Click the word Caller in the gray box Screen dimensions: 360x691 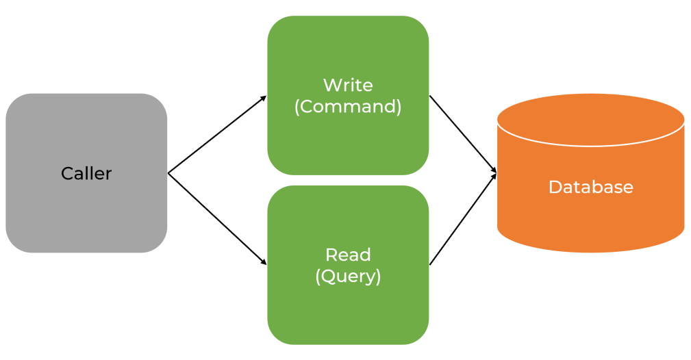pyautogui.click(x=86, y=174)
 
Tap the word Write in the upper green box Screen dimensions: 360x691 pyautogui.click(x=348, y=86)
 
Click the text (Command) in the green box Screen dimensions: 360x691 pyautogui.click(x=348, y=107)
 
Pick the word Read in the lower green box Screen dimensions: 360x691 pyautogui.click(x=348, y=255)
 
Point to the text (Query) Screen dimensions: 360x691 pyautogui.click(x=348, y=277)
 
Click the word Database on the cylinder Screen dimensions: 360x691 pyautogui.click(x=590, y=187)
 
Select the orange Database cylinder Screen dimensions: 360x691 pyautogui.click(x=590, y=219)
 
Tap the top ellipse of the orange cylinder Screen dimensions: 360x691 pyautogui.click(x=590, y=120)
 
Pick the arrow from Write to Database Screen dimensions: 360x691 pyautogui.click(x=462, y=133)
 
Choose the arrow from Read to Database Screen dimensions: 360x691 pyautogui.click(x=462, y=219)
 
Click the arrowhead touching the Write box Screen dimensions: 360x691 pyautogui.click(x=263, y=99)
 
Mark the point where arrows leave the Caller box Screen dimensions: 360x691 pyautogui.click(x=168, y=173)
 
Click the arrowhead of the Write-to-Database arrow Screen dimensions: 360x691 pyautogui.click(x=493, y=169)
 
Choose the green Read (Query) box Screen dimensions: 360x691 pyautogui.click(x=348, y=315)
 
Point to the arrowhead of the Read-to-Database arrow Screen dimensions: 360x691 pyautogui.click(x=493, y=177)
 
